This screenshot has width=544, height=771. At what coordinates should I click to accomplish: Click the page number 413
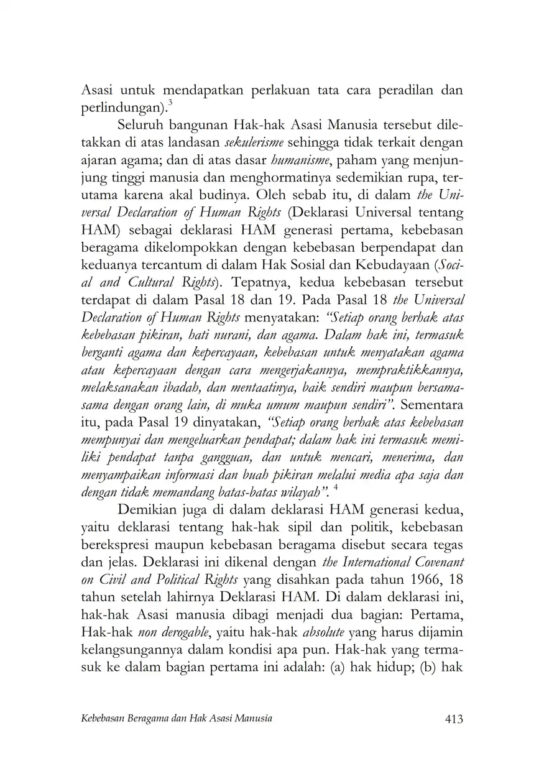pos(450,719)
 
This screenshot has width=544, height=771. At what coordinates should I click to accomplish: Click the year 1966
pos(425,581)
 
